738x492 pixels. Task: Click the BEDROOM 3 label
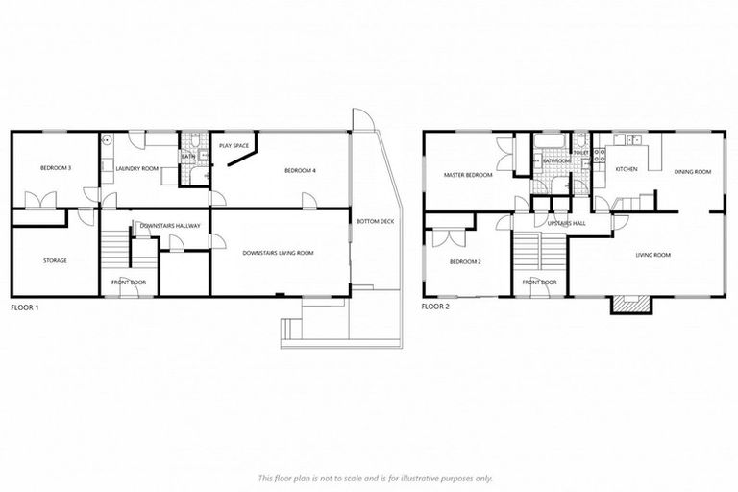point(56,169)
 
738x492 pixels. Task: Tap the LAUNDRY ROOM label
point(136,169)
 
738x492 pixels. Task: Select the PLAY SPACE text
point(234,146)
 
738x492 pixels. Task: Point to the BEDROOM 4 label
point(300,171)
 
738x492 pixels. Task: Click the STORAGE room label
point(55,260)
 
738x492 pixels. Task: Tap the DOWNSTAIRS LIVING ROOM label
point(278,253)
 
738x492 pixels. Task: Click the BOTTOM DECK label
point(375,222)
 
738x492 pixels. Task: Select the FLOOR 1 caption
point(23,308)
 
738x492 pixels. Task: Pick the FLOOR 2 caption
point(435,308)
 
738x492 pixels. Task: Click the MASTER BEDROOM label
point(468,176)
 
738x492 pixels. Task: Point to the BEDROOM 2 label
point(464,261)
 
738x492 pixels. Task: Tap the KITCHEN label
point(626,169)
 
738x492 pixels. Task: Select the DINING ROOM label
point(692,172)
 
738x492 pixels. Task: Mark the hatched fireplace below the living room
point(626,305)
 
